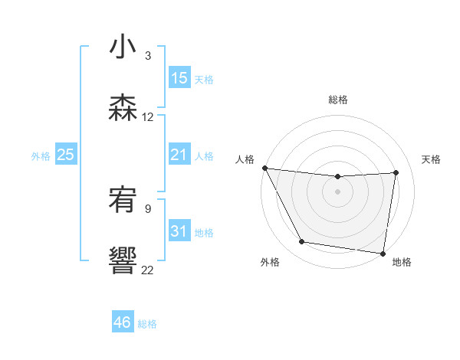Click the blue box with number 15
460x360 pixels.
tap(179, 78)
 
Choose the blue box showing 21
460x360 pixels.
tap(179, 155)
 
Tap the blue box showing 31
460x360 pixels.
tap(179, 231)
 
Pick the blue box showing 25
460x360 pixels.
tap(65, 155)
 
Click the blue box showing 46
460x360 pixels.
tap(123, 322)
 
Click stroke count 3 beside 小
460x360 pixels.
tap(148, 56)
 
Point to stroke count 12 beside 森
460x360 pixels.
tap(148, 117)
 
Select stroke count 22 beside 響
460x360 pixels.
tap(148, 270)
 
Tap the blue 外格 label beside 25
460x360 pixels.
tap(41, 155)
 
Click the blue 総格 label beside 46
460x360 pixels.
tap(147, 324)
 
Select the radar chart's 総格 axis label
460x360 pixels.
tap(338, 100)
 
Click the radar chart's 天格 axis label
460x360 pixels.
tap(432, 159)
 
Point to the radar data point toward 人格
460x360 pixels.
tap(264, 168)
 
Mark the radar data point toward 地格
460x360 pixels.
tap(383, 253)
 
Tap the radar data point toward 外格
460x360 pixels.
tap(302, 242)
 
